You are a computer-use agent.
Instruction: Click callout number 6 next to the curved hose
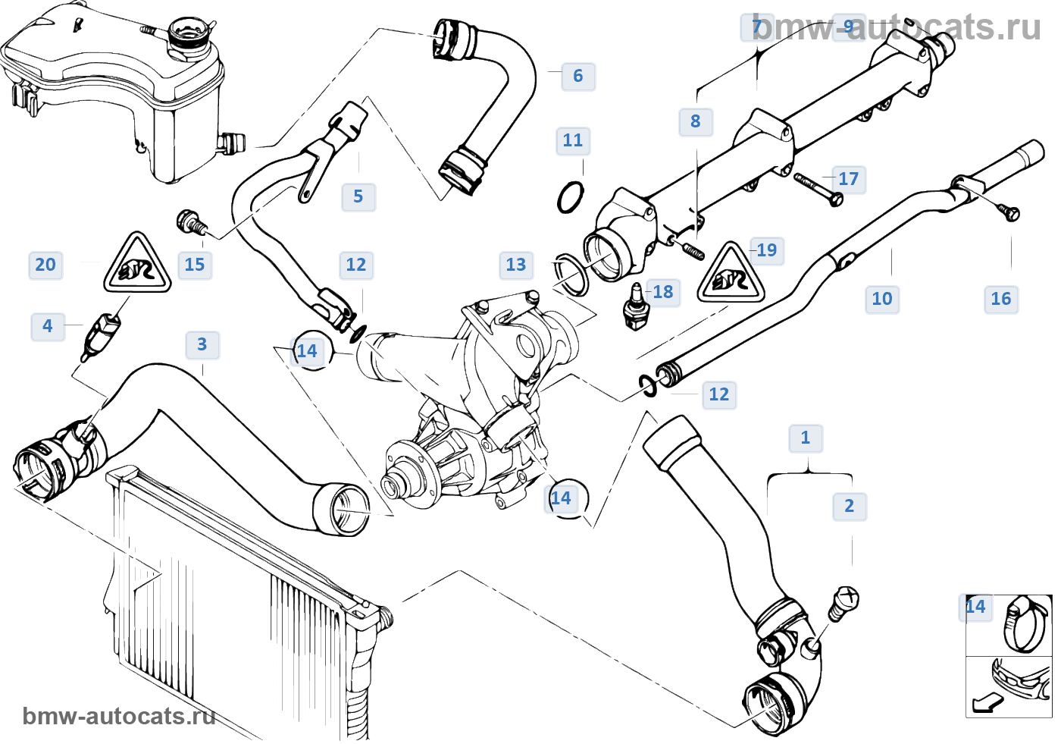[x=577, y=76]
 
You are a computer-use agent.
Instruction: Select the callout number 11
[x=572, y=140]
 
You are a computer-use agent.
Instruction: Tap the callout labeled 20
[x=45, y=265]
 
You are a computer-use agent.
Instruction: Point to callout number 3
[x=202, y=344]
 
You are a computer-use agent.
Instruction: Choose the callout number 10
[x=881, y=299]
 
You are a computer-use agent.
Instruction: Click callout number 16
[x=1000, y=299]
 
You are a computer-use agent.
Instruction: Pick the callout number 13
[x=515, y=265]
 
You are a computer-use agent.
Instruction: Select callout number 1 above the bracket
[x=805, y=438]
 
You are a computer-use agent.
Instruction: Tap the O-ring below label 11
[x=571, y=198]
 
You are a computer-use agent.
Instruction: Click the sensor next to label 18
[x=635, y=306]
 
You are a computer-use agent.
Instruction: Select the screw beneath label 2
[x=843, y=603]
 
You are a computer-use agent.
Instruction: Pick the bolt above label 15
[x=191, y=223]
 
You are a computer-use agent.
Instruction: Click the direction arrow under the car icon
[x=987, y=704]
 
